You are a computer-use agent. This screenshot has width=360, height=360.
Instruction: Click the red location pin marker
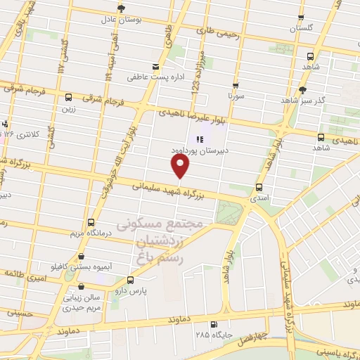tap(181, 165)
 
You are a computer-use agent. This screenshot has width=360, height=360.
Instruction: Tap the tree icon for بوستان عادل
tap(121, 8)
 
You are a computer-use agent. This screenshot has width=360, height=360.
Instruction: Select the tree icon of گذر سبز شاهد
tap(303, 89)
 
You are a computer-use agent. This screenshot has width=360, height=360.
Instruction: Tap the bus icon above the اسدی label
tap(260, 187)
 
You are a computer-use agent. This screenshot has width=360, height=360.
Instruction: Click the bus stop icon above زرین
tap(68, 98)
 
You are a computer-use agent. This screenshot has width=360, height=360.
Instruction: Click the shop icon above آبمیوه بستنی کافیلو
tap(84, 257)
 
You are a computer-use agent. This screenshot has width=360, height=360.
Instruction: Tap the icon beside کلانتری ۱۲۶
tap(5, 122)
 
